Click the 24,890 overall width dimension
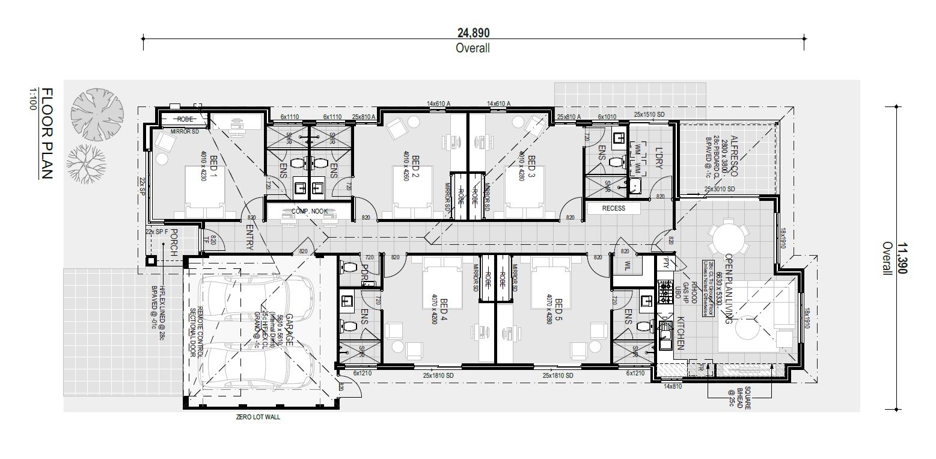(x=473, y=32)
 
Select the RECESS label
(x=613, y=208)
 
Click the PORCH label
(x=174, y=243)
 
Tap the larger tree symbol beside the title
(x=97, y=114)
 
